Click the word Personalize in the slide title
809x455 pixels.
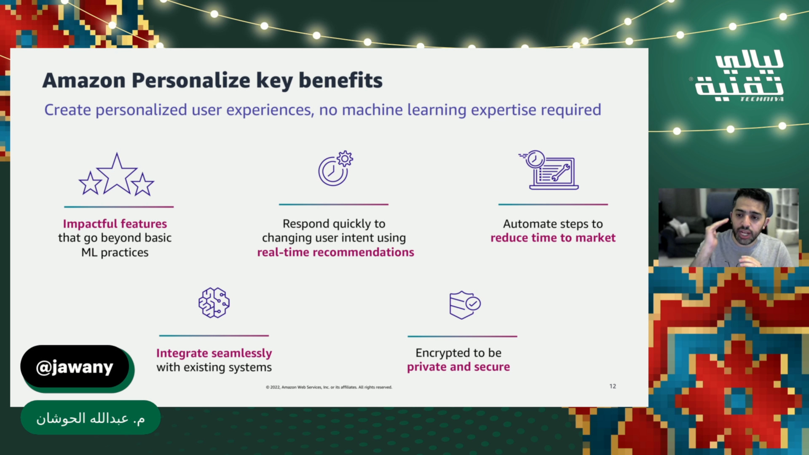coord(191,80)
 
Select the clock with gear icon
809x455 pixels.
coord(335,168)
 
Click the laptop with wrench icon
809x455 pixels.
coord(549,170)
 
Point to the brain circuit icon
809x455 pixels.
coord(214,302)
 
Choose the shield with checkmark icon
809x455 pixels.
coord(465,305)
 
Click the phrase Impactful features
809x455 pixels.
coord(115,224)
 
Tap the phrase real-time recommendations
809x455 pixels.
coord(336,252)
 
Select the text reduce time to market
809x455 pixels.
coord(553,238)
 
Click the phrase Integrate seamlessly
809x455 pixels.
coord(214,353)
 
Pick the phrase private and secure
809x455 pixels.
coord(458,367)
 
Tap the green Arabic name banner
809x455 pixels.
coord(91,418)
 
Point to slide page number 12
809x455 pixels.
coord(613,386)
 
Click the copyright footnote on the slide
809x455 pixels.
coord(329,387)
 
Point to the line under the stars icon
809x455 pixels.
coord(119,207)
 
